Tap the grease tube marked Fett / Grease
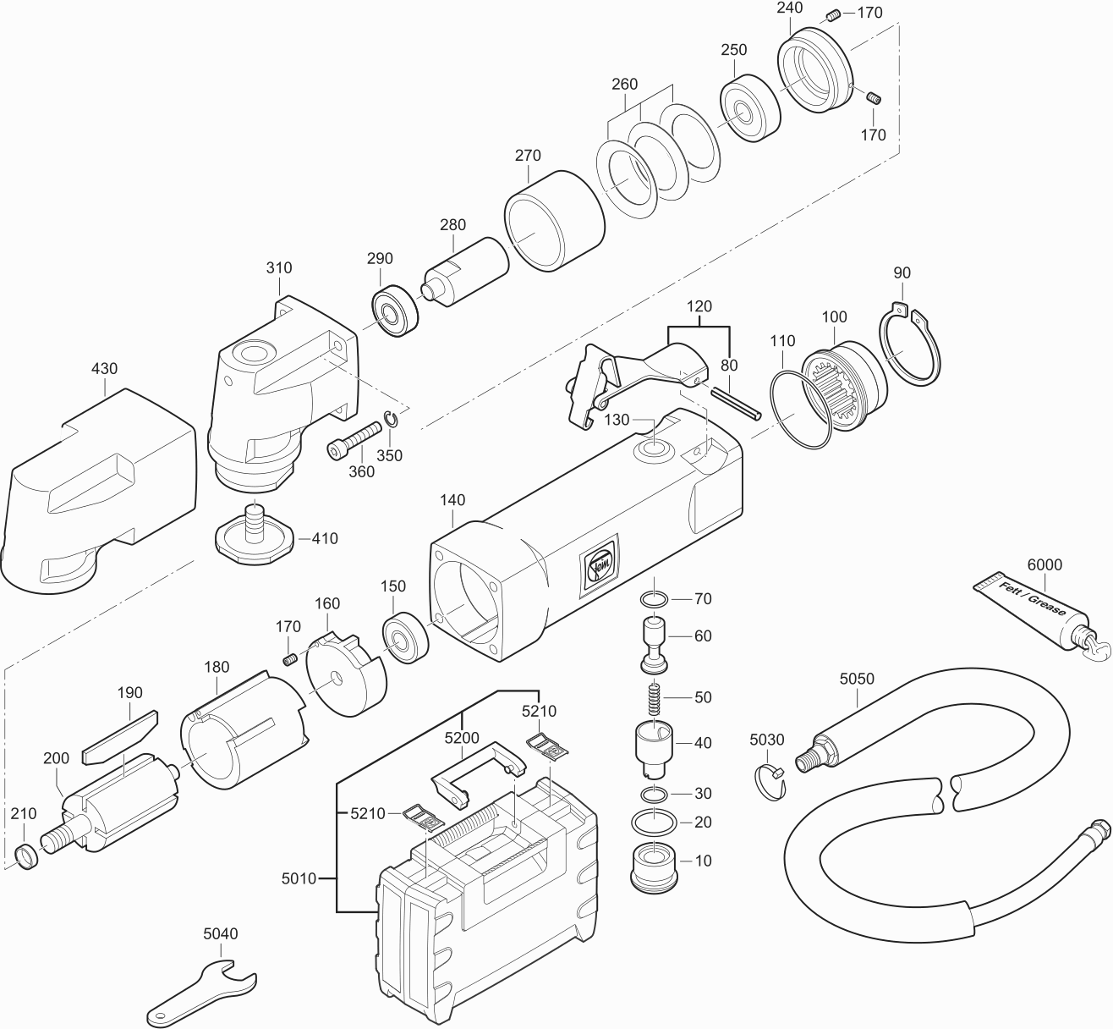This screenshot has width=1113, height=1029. point(1032,604)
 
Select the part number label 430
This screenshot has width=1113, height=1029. point(104,369)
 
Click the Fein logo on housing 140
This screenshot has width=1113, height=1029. point(598,564)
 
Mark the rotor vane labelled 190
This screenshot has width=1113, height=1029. point(121,735)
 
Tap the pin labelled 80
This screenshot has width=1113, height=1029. point(736,401)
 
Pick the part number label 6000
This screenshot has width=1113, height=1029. point(1044,565)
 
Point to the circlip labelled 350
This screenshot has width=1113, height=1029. point(391,420)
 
